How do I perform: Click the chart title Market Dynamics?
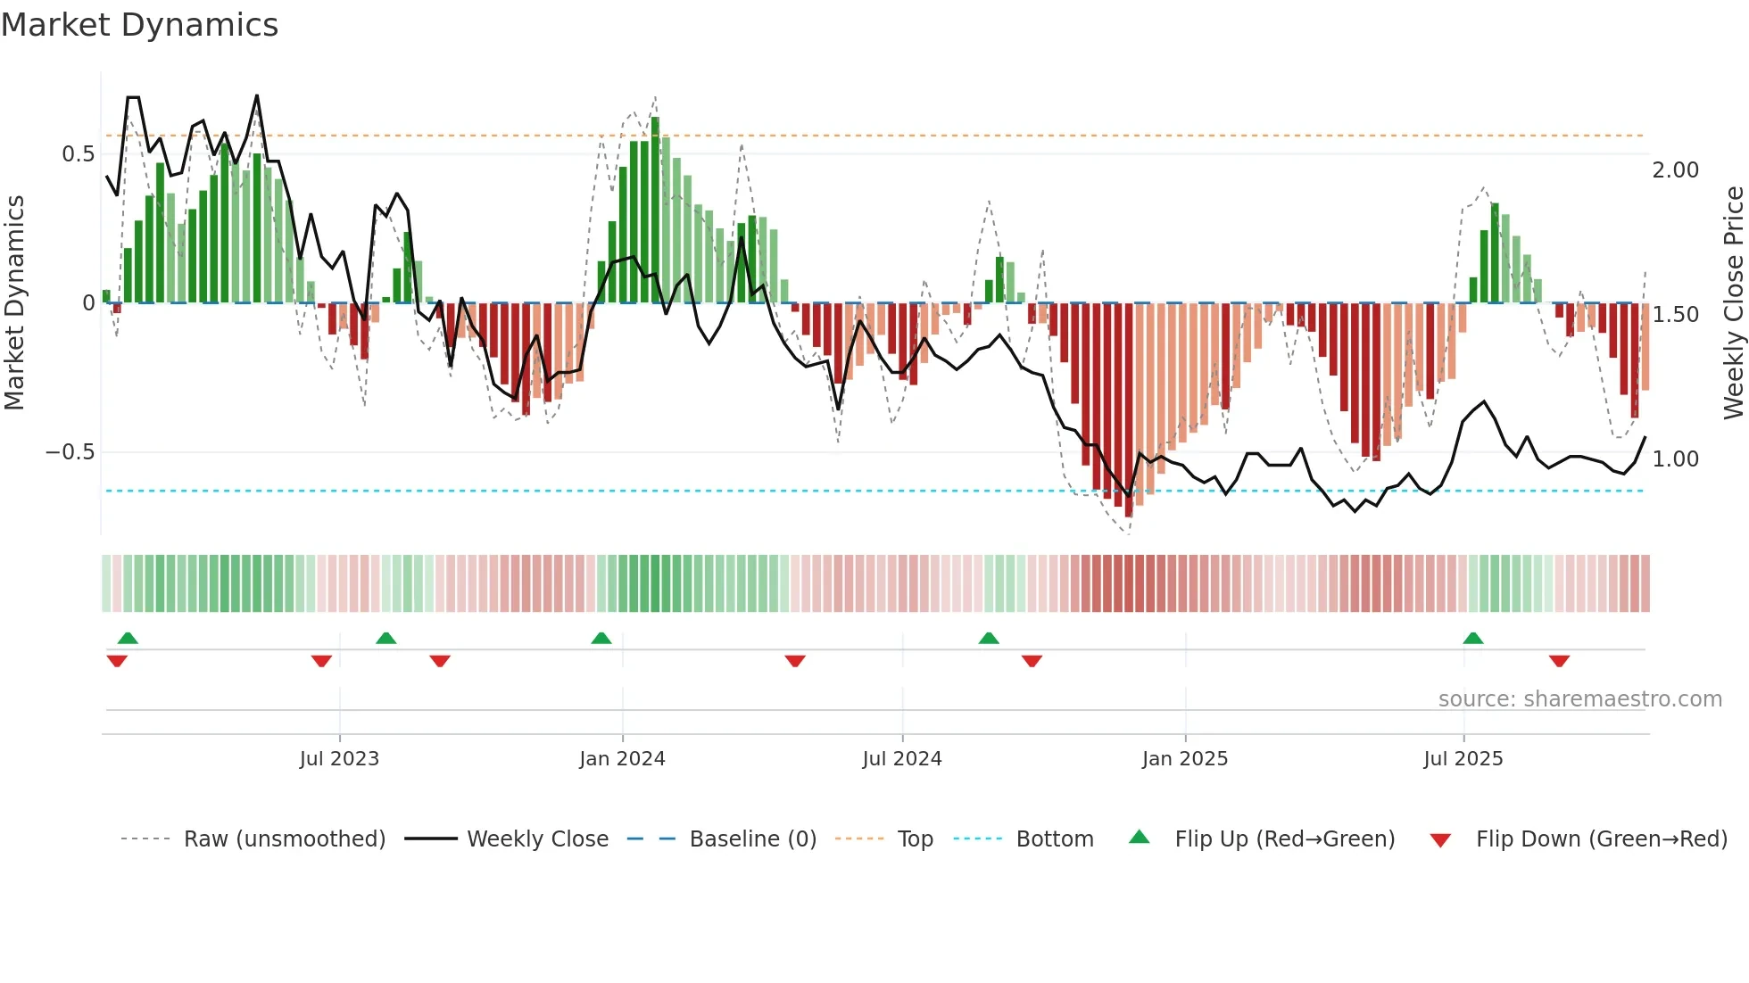pos(139,25)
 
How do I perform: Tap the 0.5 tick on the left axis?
pos(78,154)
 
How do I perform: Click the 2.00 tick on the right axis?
pos(1675,170)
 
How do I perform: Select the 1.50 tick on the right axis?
pos(1675,315)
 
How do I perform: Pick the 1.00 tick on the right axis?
pos(1675,459)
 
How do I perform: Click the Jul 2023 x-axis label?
pos(339,759)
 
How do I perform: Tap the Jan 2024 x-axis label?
pos(622,759)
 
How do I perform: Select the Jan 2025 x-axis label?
pos(1185,759)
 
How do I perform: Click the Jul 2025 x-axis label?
pos(1463,759)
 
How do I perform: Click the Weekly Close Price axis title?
pos(1733,303)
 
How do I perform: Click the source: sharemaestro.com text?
pos(1579,699)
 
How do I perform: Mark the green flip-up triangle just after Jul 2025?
pos(1473,639)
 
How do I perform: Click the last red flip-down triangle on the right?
pos(1559,661)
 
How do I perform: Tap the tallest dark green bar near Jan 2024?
pos(655,210)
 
